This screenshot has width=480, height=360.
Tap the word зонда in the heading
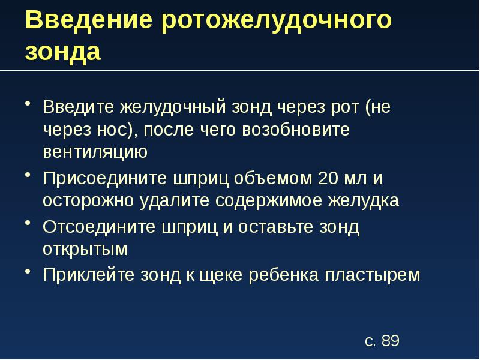pos(63,52)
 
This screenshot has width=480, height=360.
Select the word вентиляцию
pos(95,152)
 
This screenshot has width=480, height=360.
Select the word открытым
pos(85,249)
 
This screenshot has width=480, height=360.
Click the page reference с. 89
pos(382,341)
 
